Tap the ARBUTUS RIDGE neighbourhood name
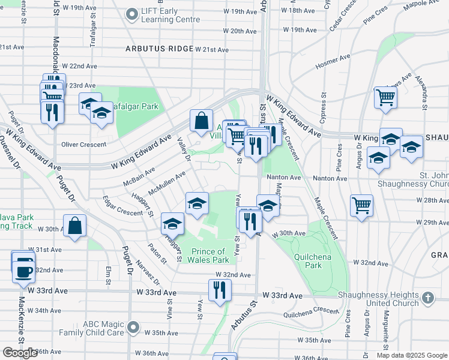pyautogui.click(x=160, y=49)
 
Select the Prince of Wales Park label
pyautogui.click(x=209, y=256)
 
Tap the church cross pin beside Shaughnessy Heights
pyautogui.click(x=427, y=298)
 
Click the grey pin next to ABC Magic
pyautogui.click(x=133, y=328)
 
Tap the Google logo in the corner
pyautogui.click(x=20, y=353)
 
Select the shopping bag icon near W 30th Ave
pyautogui.click(x=74, y=226)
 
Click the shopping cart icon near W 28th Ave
pyautogui.click(x=361, y=206)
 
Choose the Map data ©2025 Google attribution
pyautogui.click(x=412, y=355)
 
